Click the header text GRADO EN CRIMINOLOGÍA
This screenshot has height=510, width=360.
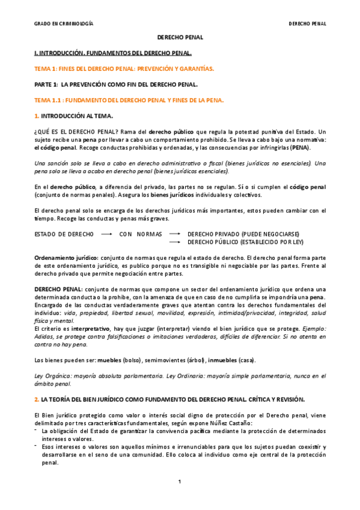click(63, 24)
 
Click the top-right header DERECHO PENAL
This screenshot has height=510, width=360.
click(307, 24)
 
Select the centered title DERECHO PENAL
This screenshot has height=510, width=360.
click(180, 37)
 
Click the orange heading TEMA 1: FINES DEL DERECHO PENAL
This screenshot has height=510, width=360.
click(124, 69)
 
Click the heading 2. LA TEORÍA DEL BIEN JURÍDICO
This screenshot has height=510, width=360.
click(162, 399)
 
